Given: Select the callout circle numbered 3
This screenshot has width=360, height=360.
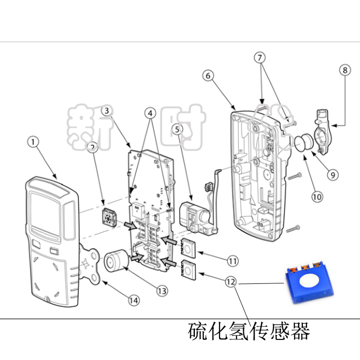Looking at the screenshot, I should [106, 110].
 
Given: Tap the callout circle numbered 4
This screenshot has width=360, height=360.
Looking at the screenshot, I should [151, 112].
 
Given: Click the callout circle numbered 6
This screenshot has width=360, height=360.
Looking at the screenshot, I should [208, 76].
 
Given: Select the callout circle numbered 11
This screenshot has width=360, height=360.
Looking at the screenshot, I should [233, 261].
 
